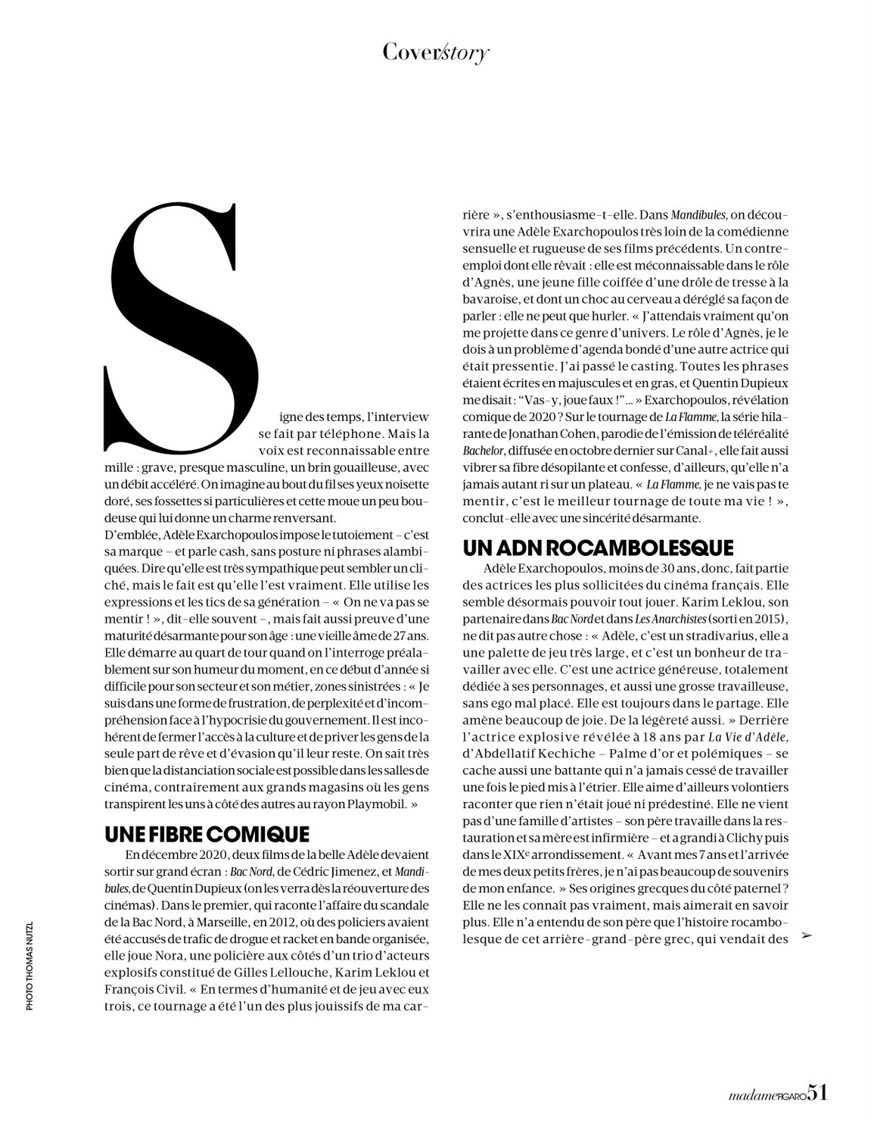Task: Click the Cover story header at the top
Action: point(435,52)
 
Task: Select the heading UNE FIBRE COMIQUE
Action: point(207,834)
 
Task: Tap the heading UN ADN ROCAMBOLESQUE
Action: point(598,548)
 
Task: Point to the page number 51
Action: point(817,1092)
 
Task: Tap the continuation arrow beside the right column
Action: point(806,937)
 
